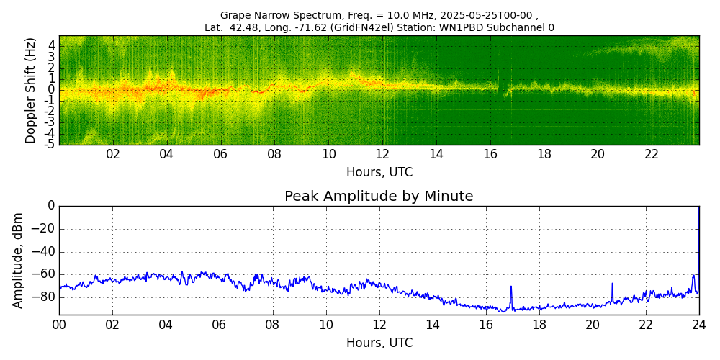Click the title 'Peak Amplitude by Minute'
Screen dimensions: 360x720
379,197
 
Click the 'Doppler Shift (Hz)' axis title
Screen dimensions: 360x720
30,90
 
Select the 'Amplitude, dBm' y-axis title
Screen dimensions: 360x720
18,260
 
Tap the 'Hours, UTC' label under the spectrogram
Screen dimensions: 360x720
379,172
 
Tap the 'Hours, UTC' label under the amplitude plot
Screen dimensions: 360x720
379,343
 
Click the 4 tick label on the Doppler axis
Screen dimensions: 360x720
52,45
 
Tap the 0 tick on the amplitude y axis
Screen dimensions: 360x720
51,206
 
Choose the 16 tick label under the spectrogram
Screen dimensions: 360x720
490,154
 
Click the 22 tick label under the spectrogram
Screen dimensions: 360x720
652,154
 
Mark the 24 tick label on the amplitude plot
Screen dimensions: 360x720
698,325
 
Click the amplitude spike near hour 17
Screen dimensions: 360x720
511,288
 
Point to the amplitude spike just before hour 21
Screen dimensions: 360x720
612,284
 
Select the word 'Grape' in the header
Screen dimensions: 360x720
235,15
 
